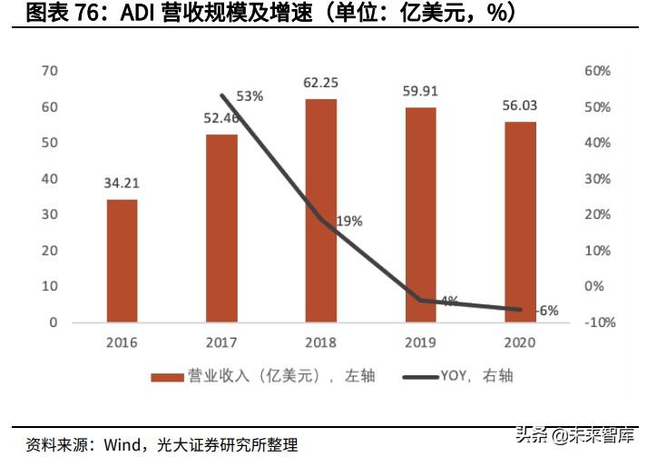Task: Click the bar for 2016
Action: click(122, 261)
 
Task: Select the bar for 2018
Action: click(321, 211)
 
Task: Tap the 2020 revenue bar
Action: click(520, 222)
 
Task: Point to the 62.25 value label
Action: click(321, 84)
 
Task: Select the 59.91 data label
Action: click(421, 91)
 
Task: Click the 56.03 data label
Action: click(520, 105)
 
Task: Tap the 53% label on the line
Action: click(250, 95)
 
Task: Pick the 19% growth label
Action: click(348, 220)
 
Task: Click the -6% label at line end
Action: click(546, 310)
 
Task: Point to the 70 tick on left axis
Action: click(51, 71)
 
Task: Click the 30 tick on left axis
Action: click(51, 214)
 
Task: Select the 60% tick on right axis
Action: click(594, 71)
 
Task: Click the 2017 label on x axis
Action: click(221, 343)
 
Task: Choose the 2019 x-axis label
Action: click(421, 343)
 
